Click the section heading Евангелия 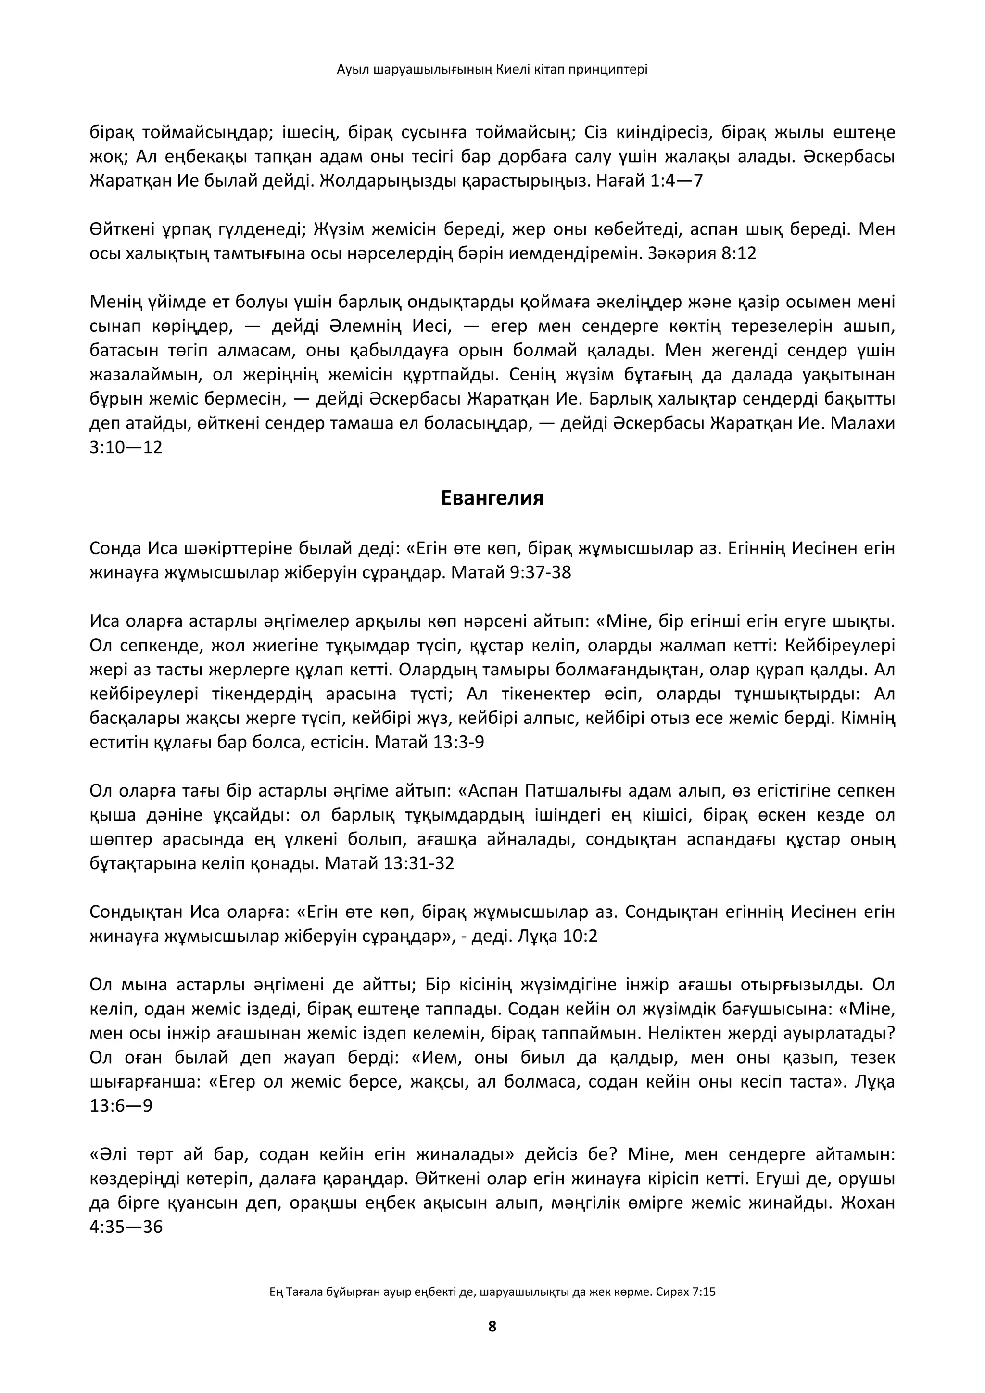coord(492,498)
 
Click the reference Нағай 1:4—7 coord(650,181)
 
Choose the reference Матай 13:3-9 coord(429,743)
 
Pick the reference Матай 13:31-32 coord(390,863)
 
